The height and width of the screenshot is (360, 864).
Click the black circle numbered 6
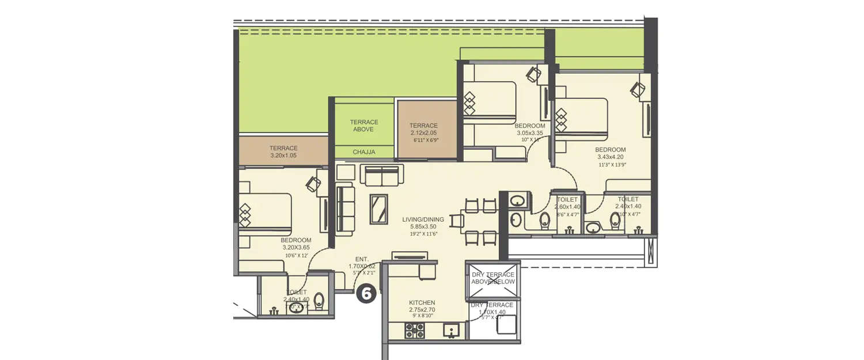click(x=366, y=294)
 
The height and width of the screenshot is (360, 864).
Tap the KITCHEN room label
click(x=422, y=302)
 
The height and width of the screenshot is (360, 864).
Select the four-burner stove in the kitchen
click(x=415, y=330)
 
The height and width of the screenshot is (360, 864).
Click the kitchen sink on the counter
click(x=451, y=330)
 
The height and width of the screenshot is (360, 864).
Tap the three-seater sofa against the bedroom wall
click(x=345, y=209)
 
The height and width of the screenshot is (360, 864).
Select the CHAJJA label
click(x=364, y=152)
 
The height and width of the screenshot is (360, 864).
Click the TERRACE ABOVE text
click(x=364, y=126)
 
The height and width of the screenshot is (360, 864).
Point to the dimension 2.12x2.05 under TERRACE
click(x=423, y=132)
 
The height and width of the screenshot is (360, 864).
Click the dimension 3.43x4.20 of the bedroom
click(x=611, y=157)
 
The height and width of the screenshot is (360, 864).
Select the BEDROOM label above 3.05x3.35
click(x=530, y=126)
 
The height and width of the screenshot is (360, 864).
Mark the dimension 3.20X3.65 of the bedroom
click(x=296, y=247)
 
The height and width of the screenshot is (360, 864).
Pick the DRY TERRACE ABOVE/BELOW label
click(x=493, y=278)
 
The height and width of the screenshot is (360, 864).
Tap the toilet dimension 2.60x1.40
click(x=567, y=207)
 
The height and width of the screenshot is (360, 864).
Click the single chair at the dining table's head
click(x=458, y=221)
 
